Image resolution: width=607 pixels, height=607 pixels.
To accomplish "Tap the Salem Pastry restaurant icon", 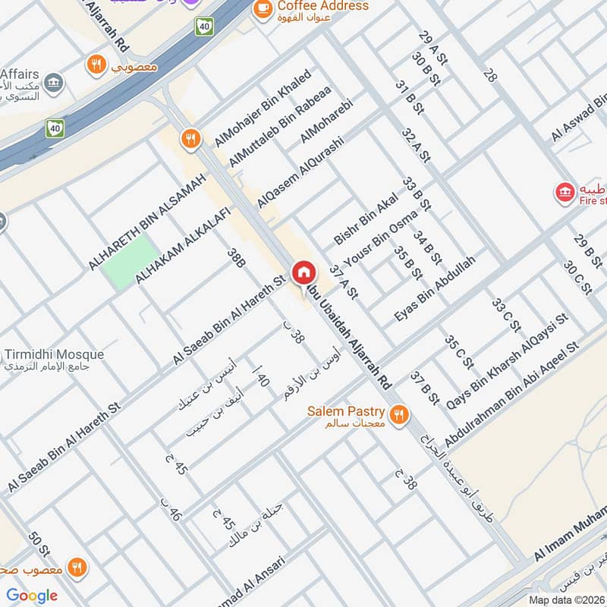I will pyautogui.click(x=398, y=414).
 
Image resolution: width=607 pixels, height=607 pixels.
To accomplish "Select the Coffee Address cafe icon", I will pyautogui.click(x=263, y=8).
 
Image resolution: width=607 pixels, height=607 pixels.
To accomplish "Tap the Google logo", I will pyautogui.click(x=32, y=596).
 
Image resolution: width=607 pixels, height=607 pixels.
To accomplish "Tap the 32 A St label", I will pyautogui.click(x=416, y=146).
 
